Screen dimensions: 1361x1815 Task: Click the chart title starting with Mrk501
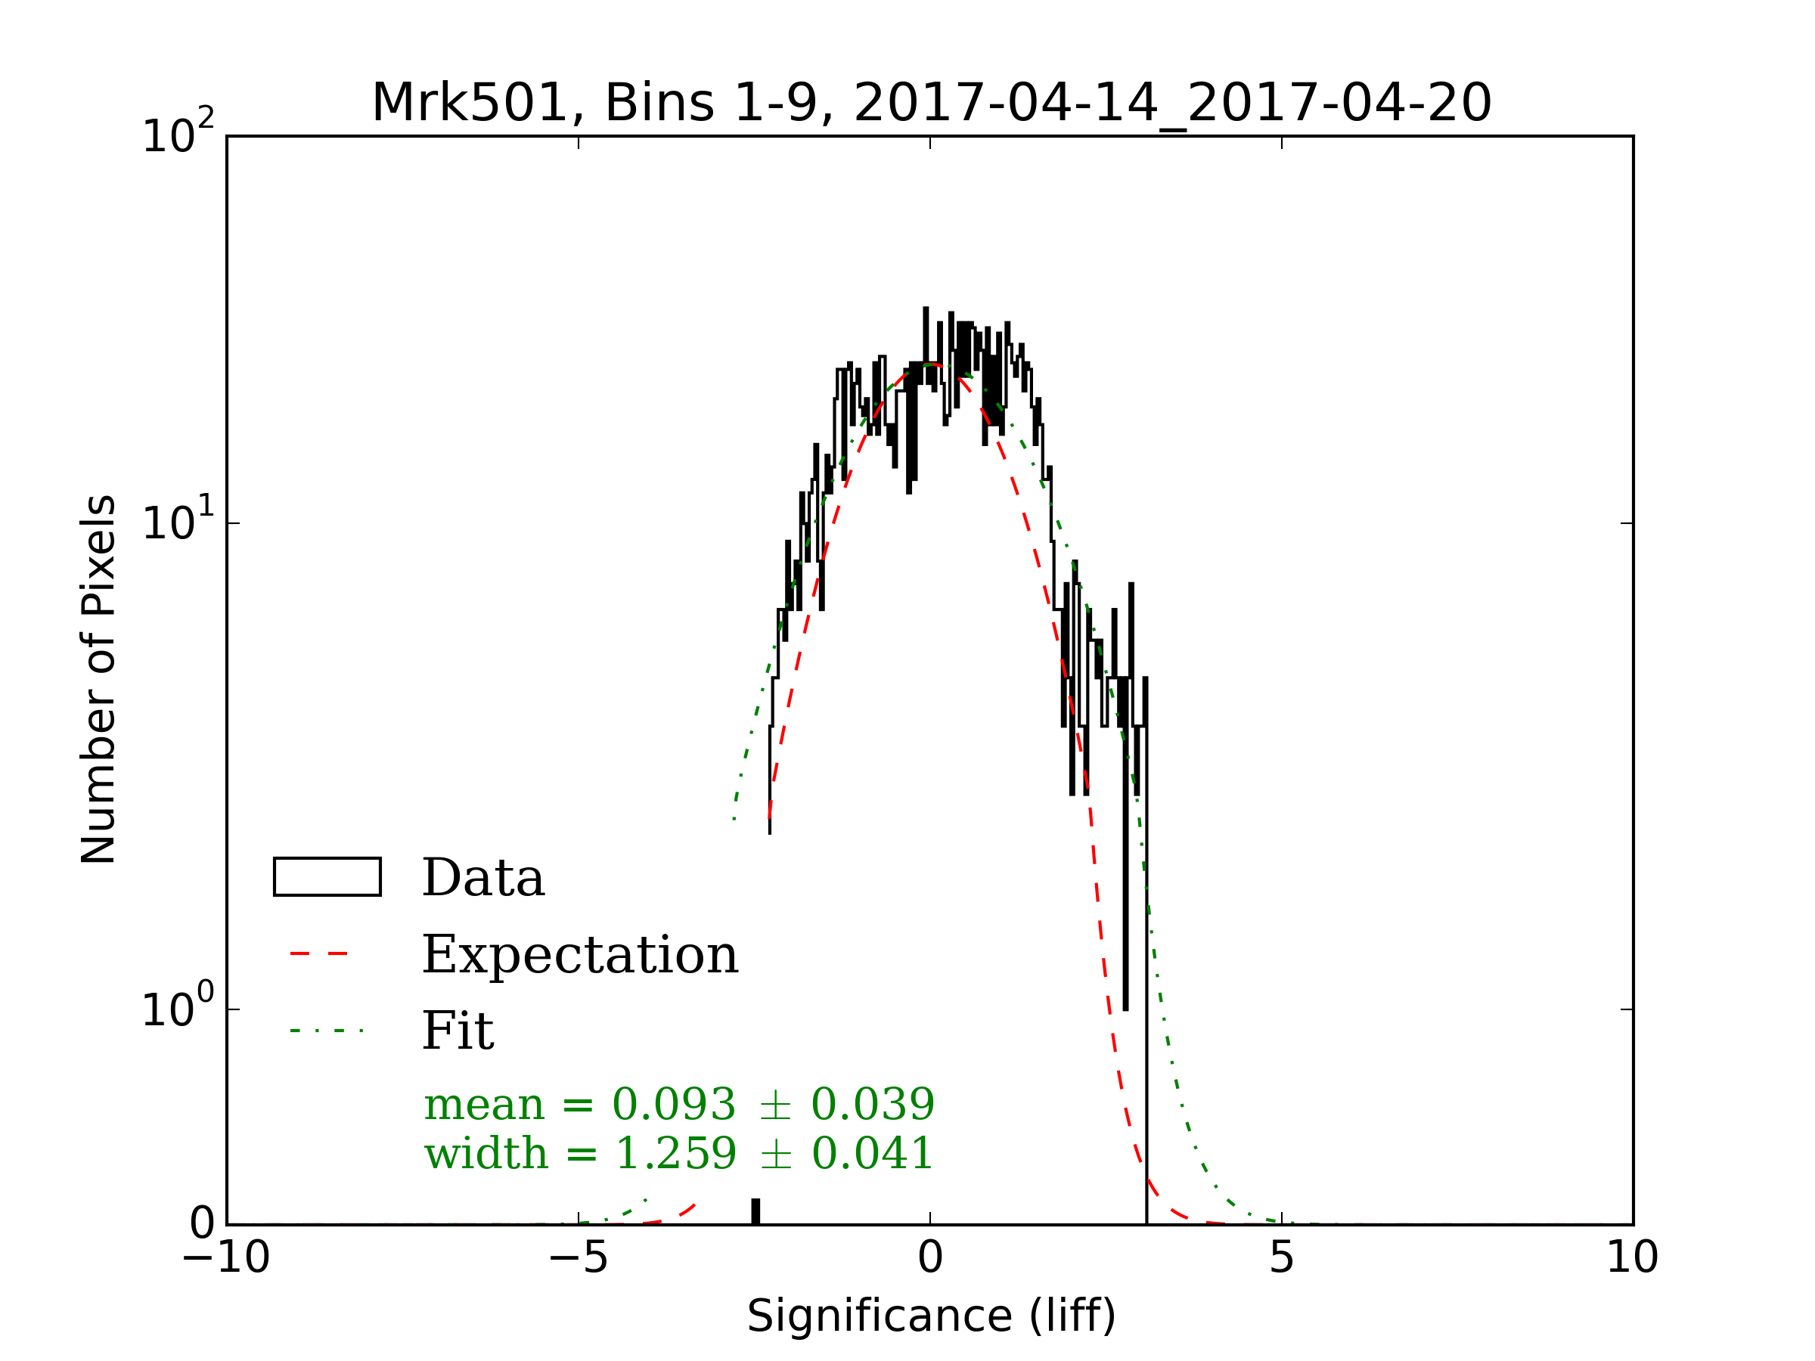pos(930,103)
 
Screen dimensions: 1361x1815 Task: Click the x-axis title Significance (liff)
pos(930,1316)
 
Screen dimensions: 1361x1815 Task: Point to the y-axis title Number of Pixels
pos(98,679)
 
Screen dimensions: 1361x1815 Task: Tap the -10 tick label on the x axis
pos(225,1257)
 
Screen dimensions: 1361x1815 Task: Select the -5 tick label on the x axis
pos(578,1257)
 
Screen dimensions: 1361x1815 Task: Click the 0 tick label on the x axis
pos(929,1257)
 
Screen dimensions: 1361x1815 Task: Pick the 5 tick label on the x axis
pos(1281,1257)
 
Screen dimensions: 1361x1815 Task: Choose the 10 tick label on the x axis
pos(1632,1257)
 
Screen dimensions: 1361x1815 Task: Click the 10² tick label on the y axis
pos(177,134)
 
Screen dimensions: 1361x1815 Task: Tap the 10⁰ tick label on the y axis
pos(177,1007)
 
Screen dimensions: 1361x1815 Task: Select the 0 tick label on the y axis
pos(202,1224)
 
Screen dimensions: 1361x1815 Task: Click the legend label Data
pos(482,878)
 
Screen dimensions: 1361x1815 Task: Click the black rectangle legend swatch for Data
pos(327,877)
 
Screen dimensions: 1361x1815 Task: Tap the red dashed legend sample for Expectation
pos(320,954)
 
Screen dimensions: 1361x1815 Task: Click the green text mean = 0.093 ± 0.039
pos(678,1104)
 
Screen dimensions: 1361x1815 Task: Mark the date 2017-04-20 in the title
pos(1339,103)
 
